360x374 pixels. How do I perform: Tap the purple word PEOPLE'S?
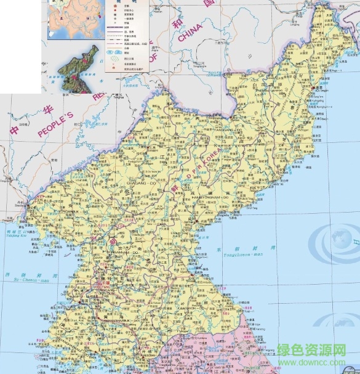click(x=55, y=124)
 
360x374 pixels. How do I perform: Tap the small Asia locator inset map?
click(x=68, y=18)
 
